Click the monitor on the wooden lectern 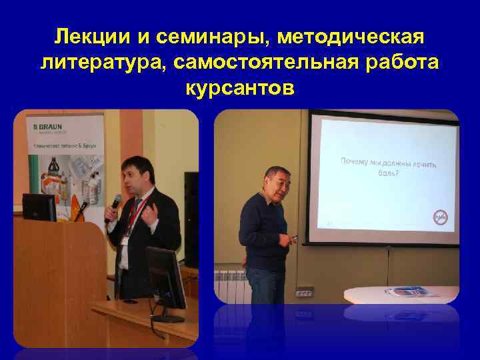39,207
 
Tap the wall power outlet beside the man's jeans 304,291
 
